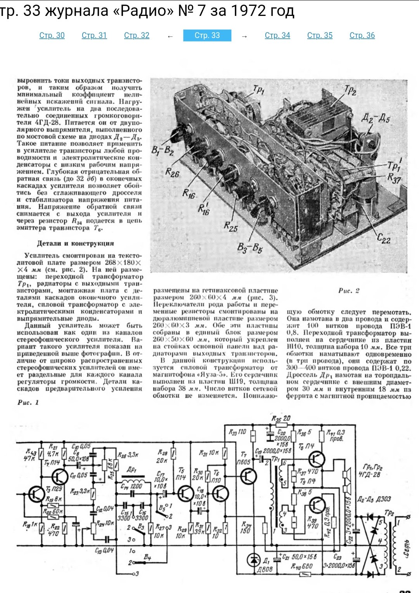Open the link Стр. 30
(x=52, y=35)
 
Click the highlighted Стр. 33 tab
(x=207, y=35)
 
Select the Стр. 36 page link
(x=362, y=35)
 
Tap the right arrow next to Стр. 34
(x=244, y=36)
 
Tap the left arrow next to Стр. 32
(x=170, y=36)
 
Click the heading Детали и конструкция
(x=75, y=243)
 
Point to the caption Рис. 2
(x=349, y=290)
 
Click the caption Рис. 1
(x=28, y=402)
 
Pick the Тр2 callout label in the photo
(x=350, y=92)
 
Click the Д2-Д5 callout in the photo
(x=376, y=117)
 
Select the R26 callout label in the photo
(x=172, y=172)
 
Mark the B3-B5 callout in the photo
(x=250, y=248)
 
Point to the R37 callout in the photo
(x=394, y=178)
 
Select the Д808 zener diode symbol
(x=254, y=559)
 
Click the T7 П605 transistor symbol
(x=248, y=475)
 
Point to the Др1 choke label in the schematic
(x=132, y=470)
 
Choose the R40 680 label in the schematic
(x=302, y=567)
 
